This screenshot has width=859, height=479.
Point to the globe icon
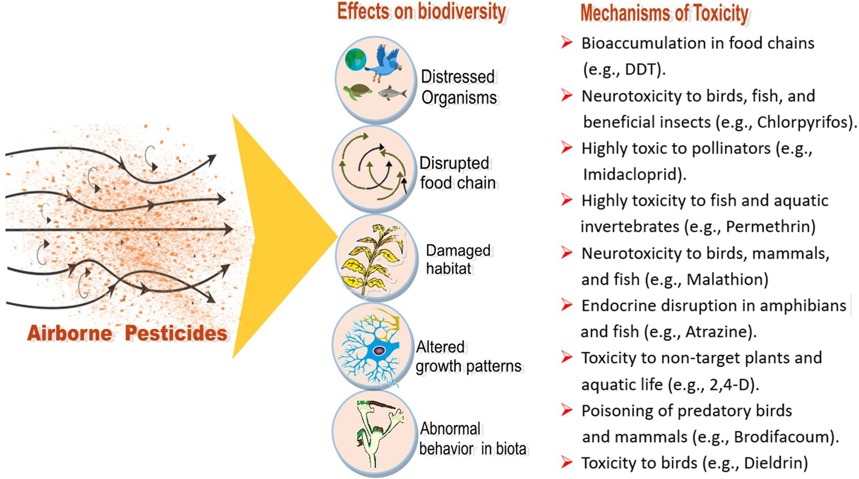356,59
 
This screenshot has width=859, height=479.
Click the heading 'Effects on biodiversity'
421,12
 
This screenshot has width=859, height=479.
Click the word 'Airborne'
70,333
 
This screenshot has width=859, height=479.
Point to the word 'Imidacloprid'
630,174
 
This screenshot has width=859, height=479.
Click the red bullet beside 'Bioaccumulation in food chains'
566,43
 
